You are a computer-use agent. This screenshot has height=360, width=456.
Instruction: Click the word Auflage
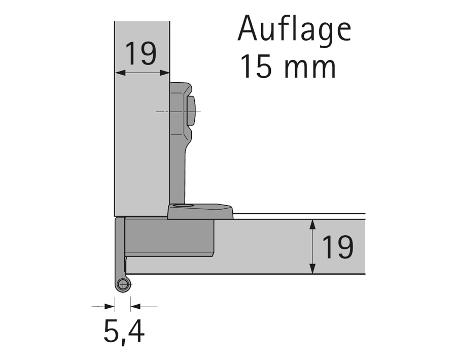point(294,29)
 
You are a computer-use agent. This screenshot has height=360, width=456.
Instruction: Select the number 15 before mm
point(257,67)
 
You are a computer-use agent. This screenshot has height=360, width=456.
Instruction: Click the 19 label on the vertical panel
point(141,54)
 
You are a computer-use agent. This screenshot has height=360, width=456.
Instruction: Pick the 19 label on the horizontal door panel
point(338,247)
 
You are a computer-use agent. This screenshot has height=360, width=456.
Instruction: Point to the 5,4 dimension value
point(124,332)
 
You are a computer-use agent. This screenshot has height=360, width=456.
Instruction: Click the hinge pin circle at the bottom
point(122,285)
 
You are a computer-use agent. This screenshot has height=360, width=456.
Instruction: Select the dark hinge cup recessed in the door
point(170,237)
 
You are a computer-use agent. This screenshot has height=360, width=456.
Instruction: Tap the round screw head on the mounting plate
point(191,111)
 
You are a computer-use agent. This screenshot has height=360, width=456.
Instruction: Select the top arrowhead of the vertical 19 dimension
point(312,223)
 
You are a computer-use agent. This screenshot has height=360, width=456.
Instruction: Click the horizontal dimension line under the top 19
point(142,73)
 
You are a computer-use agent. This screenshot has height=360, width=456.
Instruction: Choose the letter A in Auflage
point(247,29)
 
